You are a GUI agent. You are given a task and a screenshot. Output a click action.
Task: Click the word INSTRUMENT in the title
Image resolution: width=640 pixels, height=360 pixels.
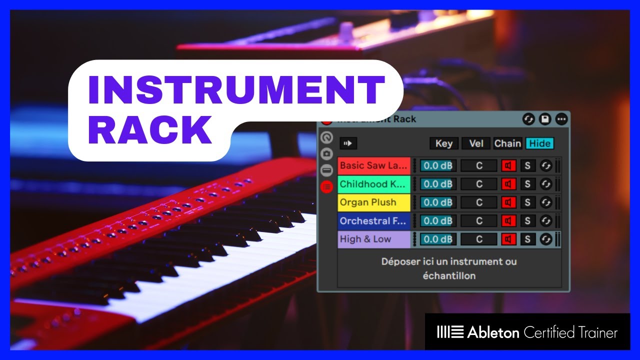coord(235,91)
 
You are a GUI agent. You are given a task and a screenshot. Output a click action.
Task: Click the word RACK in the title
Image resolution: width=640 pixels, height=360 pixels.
coord(150,129)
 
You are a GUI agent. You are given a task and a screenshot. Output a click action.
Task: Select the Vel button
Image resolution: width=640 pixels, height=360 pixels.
coord(476,143)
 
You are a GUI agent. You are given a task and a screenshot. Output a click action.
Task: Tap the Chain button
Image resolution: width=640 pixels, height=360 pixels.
coord(507,143)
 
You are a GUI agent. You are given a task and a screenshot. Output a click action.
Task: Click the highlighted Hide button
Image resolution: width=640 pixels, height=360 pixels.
coord(539,143)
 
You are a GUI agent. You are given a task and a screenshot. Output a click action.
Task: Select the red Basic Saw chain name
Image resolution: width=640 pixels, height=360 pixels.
coord(373,165)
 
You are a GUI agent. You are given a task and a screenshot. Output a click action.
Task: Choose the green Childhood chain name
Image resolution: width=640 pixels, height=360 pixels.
coord(373,184)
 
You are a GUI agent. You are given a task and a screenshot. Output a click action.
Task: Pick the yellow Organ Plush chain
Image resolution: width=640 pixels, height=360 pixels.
coord(373,202)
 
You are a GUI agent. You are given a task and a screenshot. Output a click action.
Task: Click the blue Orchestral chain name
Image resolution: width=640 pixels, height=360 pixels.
coord(373,221)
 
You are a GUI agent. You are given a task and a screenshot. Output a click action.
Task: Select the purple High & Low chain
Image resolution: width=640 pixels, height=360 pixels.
coord(373,239)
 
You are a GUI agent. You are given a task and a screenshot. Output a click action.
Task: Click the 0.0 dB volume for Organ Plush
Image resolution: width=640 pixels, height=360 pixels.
coord(437,202)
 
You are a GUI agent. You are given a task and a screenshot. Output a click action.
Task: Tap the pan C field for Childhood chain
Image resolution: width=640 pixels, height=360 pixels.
coord(479,184)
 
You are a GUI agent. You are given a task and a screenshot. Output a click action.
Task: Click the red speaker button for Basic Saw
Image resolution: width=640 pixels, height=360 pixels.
coord(508,165)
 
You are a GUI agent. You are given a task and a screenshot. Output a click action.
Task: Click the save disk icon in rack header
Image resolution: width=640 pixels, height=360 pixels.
coord(545,119)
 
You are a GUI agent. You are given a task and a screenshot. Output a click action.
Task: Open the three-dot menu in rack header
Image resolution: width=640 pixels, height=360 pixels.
coord(561,119)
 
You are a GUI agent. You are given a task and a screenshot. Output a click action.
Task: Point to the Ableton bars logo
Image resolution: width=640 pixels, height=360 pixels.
coord(450,332)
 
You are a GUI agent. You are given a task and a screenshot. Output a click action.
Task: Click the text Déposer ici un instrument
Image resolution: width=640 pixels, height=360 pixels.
coord(448,261)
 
